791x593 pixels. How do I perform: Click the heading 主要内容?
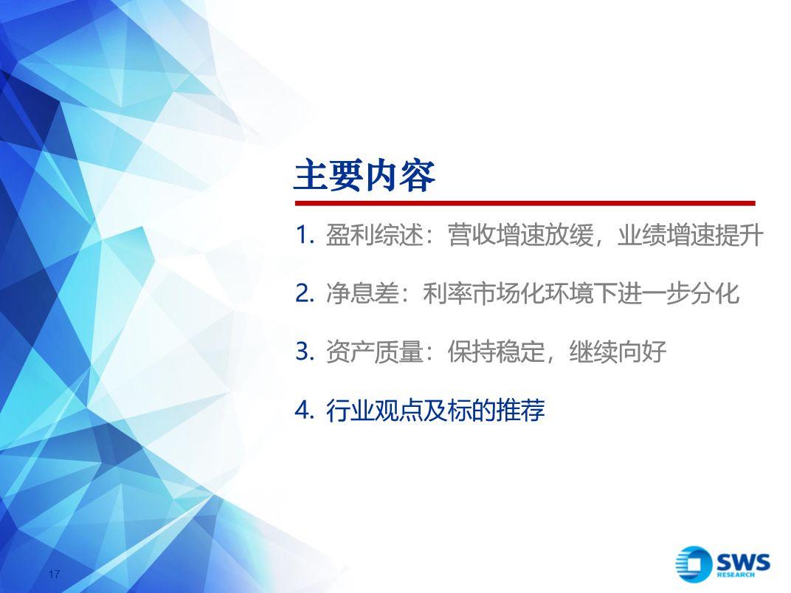(365, 176)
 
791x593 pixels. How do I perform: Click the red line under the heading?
(525, 203)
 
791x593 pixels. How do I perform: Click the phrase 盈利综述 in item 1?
(374, 235)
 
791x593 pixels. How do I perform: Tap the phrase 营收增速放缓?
(520, 235)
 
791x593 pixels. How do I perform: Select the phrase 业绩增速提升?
(690, 235)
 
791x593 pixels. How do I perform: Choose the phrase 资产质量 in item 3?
(374, 352)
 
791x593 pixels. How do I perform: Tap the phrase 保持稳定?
(496, 352)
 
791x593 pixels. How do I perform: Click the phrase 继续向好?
(618, 352)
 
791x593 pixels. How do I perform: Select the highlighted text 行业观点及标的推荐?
(435, 411)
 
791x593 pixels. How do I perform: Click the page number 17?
(55, 574)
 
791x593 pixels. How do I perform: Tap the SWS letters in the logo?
(743, 561)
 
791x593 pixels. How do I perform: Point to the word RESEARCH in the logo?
(736, 575)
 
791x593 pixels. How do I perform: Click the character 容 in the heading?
(418, 176)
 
